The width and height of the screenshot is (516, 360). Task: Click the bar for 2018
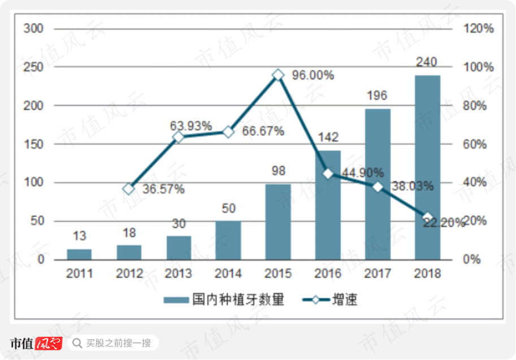point(427,167)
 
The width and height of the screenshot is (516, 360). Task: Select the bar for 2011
point(79,254)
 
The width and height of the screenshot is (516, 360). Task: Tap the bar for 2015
point(278,222)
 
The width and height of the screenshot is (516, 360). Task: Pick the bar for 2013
point(179,248)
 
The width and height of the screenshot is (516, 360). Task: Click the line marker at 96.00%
point(278,75)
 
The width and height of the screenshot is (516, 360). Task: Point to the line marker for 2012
point(129,189)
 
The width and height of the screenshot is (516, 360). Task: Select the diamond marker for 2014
point(228,132)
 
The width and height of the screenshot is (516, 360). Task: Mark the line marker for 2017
point(378,187)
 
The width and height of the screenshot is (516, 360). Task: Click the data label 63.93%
point(191,125)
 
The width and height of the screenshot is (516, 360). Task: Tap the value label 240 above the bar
point(427,62)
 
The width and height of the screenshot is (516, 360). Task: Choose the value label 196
point(377,96)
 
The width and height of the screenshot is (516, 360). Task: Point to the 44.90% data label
point(363,172)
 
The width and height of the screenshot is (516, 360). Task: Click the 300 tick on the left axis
point(33,29)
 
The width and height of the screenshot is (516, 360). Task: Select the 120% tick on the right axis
point(479,29)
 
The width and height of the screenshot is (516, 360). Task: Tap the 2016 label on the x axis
point(328,274)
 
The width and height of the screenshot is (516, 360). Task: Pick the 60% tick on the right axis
point(475,144)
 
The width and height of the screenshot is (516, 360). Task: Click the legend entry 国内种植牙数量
point(224,300)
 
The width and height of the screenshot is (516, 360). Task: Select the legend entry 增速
point(329,300)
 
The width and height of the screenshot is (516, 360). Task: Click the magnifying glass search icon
point(77,343)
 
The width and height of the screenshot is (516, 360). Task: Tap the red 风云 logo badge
point(49,343)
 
